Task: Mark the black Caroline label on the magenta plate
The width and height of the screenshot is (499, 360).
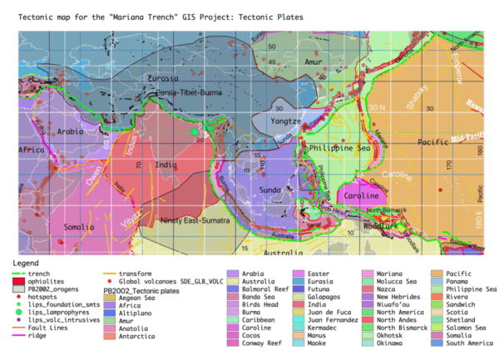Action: tap(362, 195)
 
